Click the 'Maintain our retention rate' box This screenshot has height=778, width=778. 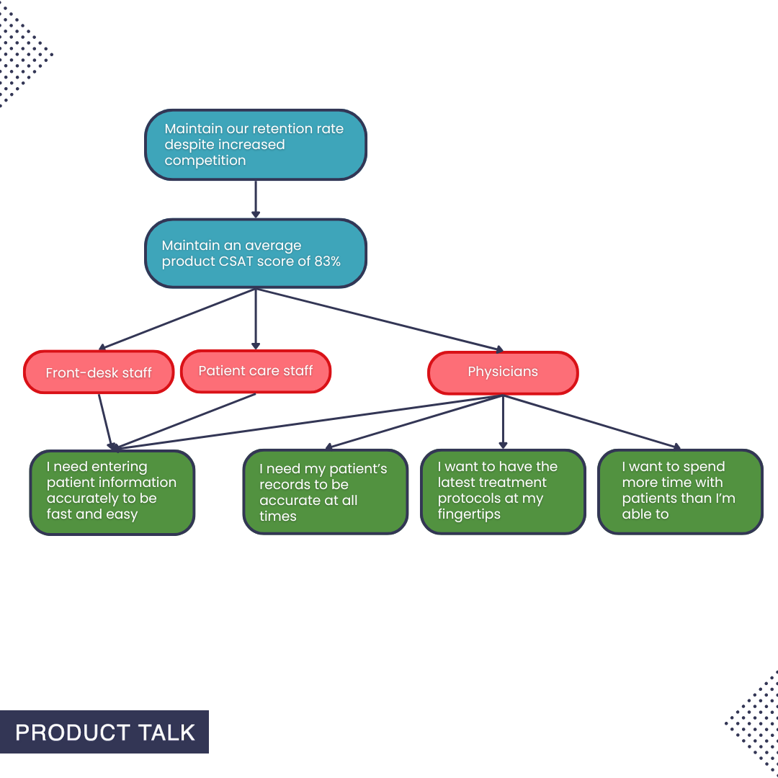(x=256, y=144)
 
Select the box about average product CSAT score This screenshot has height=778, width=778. (x=256, y=254)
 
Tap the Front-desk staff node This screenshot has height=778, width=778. (x=99, y=372)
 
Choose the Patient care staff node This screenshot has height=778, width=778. (x=256, y=371)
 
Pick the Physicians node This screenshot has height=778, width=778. (x=503, y=372)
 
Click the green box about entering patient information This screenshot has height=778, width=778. (x=112, y=492)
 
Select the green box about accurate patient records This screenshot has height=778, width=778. (x=325, y=492)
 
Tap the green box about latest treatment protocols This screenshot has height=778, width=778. (x=503, y=492)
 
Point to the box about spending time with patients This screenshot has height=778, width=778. (x=680, y=492)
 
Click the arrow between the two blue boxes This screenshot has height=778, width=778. (x=256, y=199)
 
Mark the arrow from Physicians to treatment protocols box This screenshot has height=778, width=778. (x=503, y=421)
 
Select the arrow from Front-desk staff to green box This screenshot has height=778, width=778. (x=106, y=421)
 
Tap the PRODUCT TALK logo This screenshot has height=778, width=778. (x=104, y=733)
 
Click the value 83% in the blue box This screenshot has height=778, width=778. (x=327, y=261)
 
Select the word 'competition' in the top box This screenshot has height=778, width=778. (x=205, y=161)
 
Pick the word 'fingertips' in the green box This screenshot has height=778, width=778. (x=469, y=515)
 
